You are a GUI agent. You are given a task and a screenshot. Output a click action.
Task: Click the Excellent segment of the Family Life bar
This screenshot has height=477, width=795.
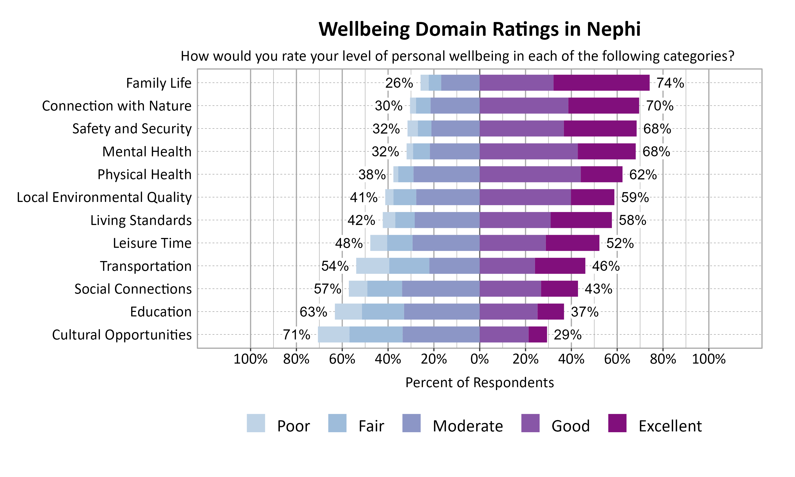[x=601, y=83]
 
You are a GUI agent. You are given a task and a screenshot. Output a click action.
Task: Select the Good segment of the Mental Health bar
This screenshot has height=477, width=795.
[x=529, y=151]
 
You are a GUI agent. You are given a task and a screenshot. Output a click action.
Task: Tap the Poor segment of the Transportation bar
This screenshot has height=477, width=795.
[x=372, y=266]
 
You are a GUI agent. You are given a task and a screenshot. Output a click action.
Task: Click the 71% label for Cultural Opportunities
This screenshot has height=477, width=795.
[x=296, y=335]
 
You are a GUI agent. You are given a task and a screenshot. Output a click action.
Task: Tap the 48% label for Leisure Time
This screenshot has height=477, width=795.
[x=349, y=243]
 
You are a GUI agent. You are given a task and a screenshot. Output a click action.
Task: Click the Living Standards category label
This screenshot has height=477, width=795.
[x=141, y=220]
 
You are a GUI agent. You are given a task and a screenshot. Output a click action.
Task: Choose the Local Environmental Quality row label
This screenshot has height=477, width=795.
[x=104, y=197]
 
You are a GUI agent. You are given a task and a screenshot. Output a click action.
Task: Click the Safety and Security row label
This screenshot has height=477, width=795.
[x=132, y=129]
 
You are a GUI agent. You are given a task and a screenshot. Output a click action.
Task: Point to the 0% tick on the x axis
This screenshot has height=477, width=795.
[x=479, y=359]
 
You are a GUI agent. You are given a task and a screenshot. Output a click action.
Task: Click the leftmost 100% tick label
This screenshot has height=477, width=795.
[x=250, y=359]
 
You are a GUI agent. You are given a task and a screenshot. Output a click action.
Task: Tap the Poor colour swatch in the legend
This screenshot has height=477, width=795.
[x=256, y=423]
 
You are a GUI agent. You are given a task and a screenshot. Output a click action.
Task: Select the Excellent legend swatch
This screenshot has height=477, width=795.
[x=617, y=423]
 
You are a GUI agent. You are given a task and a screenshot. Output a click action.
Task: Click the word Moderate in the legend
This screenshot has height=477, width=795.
[x=467, y=426]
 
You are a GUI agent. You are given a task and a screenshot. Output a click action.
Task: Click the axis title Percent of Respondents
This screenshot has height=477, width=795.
[x=479, y=382]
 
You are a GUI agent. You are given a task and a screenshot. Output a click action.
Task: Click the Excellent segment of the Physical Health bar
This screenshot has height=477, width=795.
[x=601, y=174]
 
